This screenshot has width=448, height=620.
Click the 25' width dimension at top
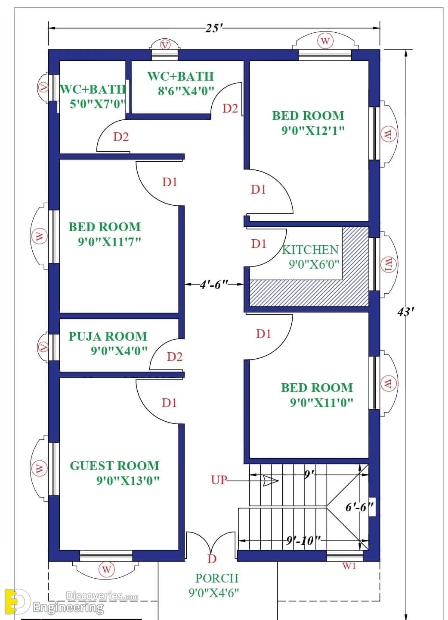coord(214,28)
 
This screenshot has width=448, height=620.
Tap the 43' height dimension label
coord(405,312)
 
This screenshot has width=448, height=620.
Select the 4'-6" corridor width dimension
coord(214,284)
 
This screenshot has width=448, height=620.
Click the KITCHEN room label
coord(310,250)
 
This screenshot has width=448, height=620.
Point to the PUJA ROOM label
coord(108,336)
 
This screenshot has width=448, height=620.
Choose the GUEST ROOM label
coord(114,466)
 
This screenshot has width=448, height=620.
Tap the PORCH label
coord(217,578)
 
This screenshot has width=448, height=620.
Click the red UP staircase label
coord(219,480)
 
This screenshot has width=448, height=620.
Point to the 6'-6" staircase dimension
coord(359,507)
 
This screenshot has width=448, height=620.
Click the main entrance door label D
coord(212,559)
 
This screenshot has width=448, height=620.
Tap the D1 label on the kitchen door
coord(259,244)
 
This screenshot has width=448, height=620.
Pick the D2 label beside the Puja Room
coord(175,357)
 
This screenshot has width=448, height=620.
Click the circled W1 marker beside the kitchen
coord(389,264)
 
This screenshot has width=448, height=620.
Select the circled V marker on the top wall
coord(165,45)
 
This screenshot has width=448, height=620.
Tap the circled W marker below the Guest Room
coord(106,570)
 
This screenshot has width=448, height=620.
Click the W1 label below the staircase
coord(349,566)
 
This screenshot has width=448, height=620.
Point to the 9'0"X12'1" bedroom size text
coord(313,130)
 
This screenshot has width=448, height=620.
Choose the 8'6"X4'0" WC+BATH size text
coord(186,91)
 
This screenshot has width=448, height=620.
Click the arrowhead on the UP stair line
coord(271,481)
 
